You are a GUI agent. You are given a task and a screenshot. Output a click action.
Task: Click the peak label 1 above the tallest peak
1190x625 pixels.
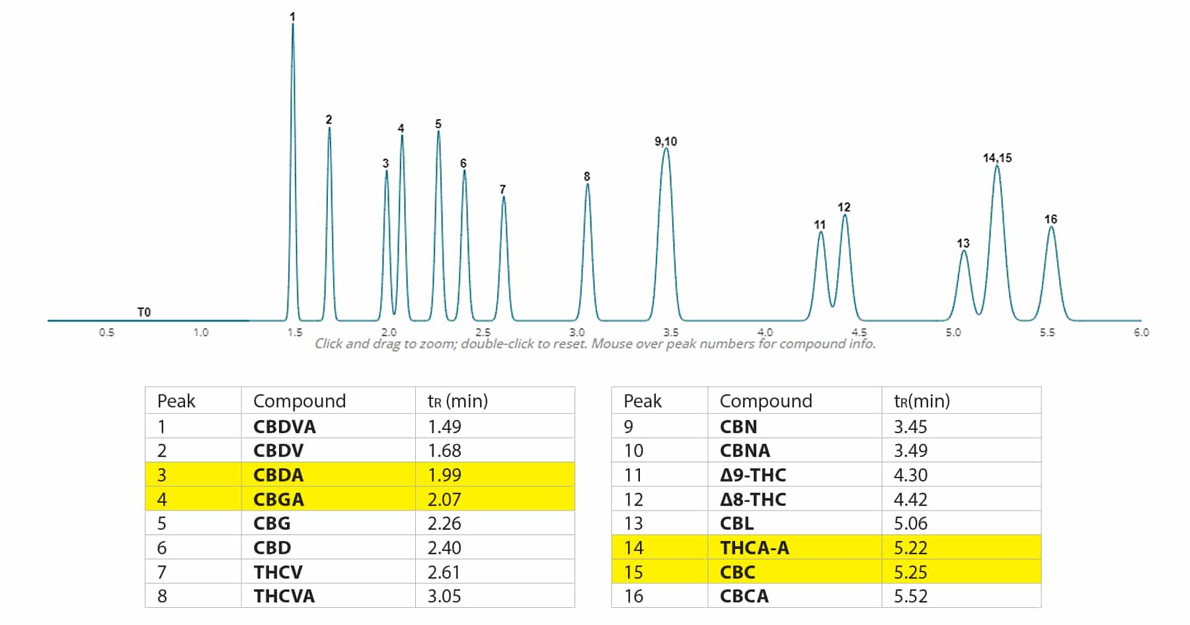point(292,17)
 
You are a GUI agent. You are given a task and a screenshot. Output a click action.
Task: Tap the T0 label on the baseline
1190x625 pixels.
point(143,312)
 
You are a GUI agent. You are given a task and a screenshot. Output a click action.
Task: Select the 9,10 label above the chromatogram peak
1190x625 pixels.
point(666,142)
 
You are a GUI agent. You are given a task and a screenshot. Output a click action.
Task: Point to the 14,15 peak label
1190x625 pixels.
point(997,158)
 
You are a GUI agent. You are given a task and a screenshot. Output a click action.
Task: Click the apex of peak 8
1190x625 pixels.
point(587,185)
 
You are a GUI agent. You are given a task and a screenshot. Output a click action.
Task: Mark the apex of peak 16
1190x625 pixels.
point(1051,228)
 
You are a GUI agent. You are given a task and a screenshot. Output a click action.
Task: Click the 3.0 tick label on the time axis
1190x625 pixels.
point(577,333)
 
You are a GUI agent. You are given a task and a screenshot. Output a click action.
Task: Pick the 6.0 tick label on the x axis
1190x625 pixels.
point(1141,333)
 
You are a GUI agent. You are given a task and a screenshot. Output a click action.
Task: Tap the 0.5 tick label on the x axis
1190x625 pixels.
point(106,333)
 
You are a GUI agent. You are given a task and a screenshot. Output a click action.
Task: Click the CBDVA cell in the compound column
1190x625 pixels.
point(284,427)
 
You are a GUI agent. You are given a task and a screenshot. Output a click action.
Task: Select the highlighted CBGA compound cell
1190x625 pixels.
point(278,499)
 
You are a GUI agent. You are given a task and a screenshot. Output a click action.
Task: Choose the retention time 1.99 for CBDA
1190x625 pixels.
point(444,475)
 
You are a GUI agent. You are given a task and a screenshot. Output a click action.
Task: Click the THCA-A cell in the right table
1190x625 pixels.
point(754,548)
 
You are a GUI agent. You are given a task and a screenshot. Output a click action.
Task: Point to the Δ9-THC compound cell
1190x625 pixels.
point(752,475)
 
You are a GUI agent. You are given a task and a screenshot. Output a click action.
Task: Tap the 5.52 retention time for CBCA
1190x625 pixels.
point(910,596)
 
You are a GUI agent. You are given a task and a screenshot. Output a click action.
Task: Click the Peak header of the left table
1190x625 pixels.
point(176,401)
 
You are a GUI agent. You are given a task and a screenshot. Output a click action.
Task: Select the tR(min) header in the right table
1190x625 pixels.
point(922,401)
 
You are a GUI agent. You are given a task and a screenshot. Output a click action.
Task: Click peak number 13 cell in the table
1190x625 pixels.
point(633,523)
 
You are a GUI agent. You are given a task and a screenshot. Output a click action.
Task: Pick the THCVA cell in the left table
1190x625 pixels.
point(284,596)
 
